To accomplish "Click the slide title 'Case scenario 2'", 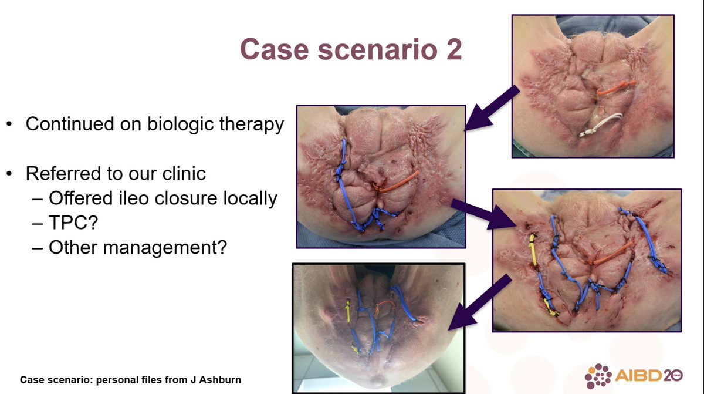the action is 350,49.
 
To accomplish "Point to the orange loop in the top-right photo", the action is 615,89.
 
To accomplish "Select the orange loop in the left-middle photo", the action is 397,182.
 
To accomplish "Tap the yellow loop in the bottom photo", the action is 348,313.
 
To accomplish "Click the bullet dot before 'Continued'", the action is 10,125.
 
